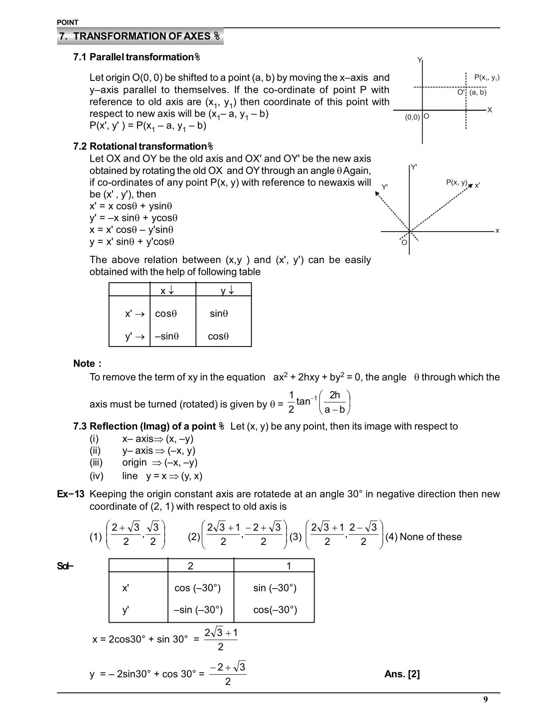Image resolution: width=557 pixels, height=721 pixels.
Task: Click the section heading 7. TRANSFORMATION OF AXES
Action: pos(140,36)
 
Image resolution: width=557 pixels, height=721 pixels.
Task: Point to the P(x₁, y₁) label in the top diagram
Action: pos(487,78)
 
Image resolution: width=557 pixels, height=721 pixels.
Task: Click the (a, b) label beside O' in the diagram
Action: pos(477,92)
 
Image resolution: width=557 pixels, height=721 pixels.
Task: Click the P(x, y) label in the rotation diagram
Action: pos(457,183)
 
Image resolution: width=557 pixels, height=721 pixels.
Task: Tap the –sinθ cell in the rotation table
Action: pos(167,336)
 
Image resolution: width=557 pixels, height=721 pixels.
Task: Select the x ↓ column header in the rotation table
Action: pos(167,291)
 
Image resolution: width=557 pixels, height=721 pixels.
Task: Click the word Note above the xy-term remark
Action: pos(84,364)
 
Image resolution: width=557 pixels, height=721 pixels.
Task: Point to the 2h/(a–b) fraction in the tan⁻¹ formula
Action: pos(335,402)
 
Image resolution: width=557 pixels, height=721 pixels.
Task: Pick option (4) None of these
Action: pos(423,537)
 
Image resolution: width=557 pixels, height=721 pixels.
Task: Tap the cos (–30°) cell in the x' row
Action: pos(197,588)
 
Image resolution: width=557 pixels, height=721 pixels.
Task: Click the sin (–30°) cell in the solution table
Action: pos(275,588)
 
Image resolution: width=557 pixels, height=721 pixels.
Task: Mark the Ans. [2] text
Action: pos(402,674)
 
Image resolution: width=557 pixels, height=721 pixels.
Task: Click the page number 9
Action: pos(485,700)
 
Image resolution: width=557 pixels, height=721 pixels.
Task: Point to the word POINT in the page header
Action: pos(68,22)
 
